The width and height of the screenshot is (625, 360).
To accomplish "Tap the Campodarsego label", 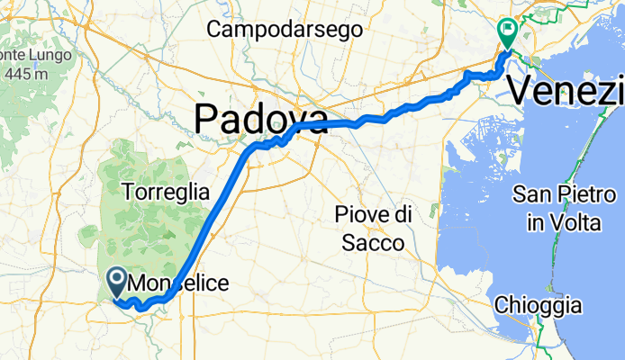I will point(285,30).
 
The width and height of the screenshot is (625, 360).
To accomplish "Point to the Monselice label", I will point(178,283).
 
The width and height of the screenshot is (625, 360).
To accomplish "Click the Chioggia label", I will point(537,305).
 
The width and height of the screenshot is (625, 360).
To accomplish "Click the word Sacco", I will point(373,242).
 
